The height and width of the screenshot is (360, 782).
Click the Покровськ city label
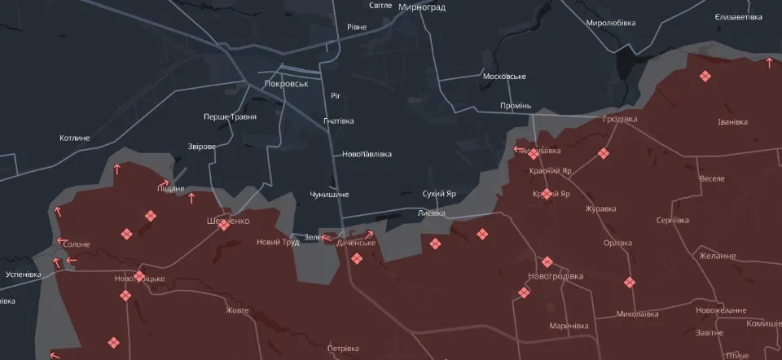286,84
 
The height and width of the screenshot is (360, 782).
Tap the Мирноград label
422,6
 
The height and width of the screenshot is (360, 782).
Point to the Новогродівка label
556,276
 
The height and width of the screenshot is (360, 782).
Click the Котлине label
75,138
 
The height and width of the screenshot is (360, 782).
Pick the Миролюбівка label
610,23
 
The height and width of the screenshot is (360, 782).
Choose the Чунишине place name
329,195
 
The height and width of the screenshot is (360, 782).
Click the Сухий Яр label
439,194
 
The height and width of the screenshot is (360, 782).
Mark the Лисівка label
431,213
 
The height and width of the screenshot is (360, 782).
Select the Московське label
504,77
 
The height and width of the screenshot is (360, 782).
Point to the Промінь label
516,106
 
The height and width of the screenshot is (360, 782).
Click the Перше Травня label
230,116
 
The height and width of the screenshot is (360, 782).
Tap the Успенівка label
23,274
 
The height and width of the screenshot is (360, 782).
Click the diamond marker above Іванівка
704,77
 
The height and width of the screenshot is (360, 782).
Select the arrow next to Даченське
369,235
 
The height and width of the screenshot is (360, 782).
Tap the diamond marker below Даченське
356,259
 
